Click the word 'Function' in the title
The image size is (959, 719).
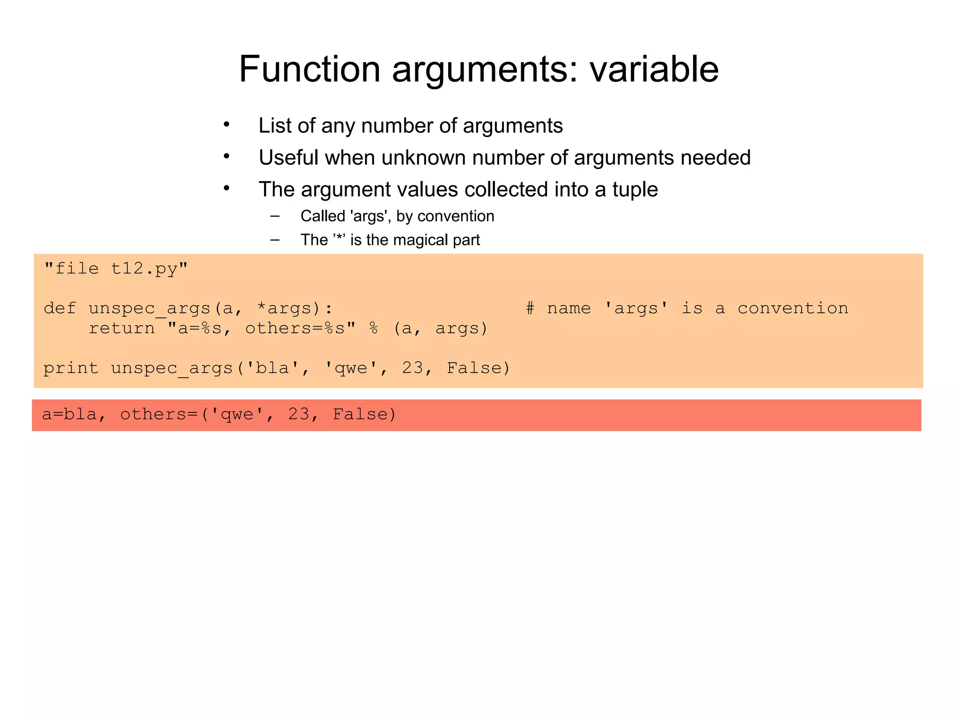309,69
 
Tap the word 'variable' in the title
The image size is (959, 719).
654,69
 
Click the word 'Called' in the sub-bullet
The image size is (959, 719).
323,216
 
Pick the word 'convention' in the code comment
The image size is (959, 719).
793,308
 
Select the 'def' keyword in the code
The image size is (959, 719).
60,308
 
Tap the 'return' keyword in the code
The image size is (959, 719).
122,328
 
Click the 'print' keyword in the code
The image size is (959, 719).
71,368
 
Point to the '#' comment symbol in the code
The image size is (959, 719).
530,308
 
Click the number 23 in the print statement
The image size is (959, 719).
413,368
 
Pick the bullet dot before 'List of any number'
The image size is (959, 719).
227,125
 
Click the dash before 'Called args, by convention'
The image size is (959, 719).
275,216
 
